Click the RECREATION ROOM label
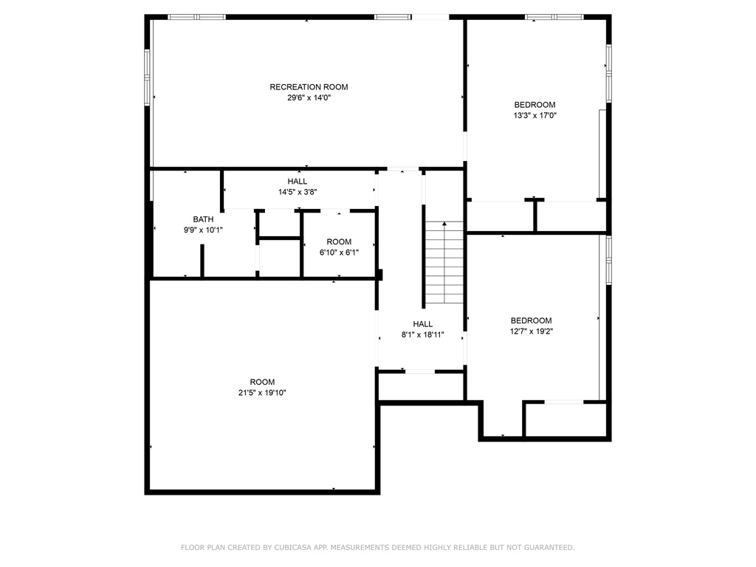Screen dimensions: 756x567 coord(309,87)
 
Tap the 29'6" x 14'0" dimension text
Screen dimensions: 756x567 coord(309,97)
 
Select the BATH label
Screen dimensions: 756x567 coord(203,219)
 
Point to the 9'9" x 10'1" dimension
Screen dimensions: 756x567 coord(203,230)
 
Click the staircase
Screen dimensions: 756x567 coord(444,263)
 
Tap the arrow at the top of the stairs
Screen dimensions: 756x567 coord(444,224)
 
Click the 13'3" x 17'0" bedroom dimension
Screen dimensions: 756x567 coord(535,115)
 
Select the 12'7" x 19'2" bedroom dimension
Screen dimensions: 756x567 coord(532,331)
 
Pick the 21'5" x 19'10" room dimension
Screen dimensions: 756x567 coord(262,393)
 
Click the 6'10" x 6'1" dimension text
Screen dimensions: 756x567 coord(339,252)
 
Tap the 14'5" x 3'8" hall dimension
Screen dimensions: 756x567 coord(298,192)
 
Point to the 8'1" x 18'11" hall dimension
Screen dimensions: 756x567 coord(423,334)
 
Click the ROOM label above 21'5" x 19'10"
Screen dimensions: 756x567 coord(262,382)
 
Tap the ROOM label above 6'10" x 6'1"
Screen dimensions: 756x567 coord(339,241)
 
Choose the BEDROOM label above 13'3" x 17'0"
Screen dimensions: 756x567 coord(535,105)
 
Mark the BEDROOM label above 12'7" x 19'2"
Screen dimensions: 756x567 coord(532,320)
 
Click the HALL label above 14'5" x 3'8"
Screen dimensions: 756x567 coord(298,182)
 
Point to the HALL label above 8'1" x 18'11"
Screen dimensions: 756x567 coord(423,324)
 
